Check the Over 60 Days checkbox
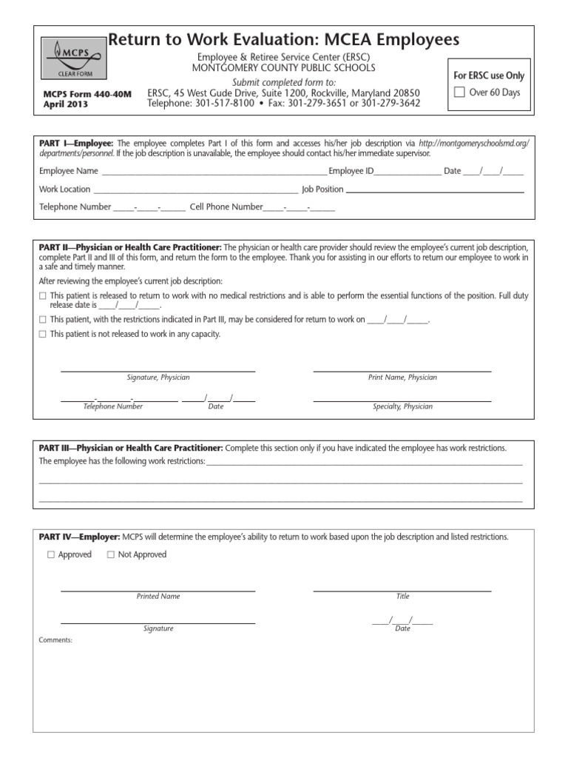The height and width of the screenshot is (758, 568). (x=459, y=93)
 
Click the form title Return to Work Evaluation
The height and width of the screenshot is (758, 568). (x=284, y=40)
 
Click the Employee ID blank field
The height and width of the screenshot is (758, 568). (x=408, y=171)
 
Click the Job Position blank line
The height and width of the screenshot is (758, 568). (x=435, y=189)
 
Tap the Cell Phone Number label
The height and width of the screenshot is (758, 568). (x=226, y=207)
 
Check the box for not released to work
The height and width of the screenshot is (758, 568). (x=42, y=335)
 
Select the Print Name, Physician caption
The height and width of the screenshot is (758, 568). (x=402, y=378)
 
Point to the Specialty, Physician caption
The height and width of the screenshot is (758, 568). (x=402, y=406)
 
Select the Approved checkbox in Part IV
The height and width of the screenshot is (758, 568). (x=51, y=554)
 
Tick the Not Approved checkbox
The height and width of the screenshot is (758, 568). (x=111, y=554)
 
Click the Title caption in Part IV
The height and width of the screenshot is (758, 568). (x=402, y=596)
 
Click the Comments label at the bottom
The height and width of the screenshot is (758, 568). (x=55, y=640)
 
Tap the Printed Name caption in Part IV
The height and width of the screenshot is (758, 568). (x=158, y=596)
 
